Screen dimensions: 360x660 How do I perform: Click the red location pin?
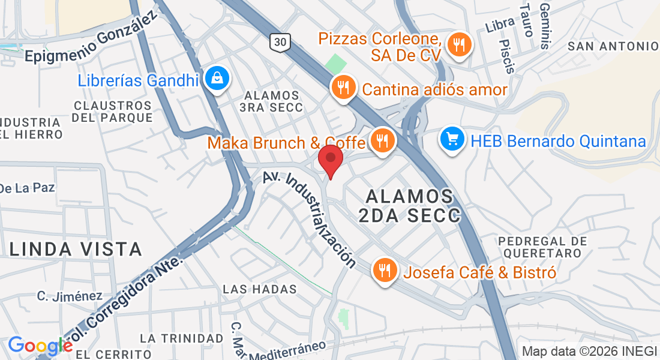coord(330,159)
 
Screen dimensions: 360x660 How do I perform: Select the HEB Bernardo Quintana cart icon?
coord(452,140)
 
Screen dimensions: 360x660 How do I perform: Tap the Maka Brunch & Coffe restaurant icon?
coord(382,142)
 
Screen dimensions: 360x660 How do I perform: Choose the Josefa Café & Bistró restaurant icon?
coord(384,271)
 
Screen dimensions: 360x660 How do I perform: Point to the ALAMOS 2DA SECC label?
coord(409,206)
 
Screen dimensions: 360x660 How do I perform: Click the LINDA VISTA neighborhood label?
coord(75,248)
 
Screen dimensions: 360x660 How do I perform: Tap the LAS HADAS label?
coord(260,289)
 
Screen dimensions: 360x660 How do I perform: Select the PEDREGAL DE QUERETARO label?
coord(542,247)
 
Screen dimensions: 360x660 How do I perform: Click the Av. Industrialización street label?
coord(310,220)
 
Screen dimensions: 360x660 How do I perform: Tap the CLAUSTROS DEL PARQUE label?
coord(113,112)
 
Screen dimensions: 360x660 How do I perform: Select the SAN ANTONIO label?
coord(613,46)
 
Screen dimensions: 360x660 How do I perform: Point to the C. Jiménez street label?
coord(70,296)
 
